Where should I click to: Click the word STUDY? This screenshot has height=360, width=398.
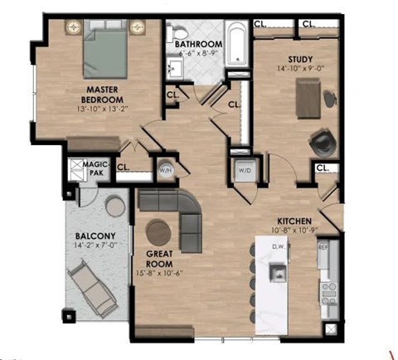click(300, 59)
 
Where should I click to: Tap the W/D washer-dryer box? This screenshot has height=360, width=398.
click(245, 171)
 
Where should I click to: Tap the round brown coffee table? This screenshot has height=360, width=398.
click(158, 231)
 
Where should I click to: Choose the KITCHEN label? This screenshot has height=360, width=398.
click(294, 212)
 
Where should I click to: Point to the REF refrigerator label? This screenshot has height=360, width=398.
click(324, 247)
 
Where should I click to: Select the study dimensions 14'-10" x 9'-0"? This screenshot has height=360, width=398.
click(300, 70)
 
